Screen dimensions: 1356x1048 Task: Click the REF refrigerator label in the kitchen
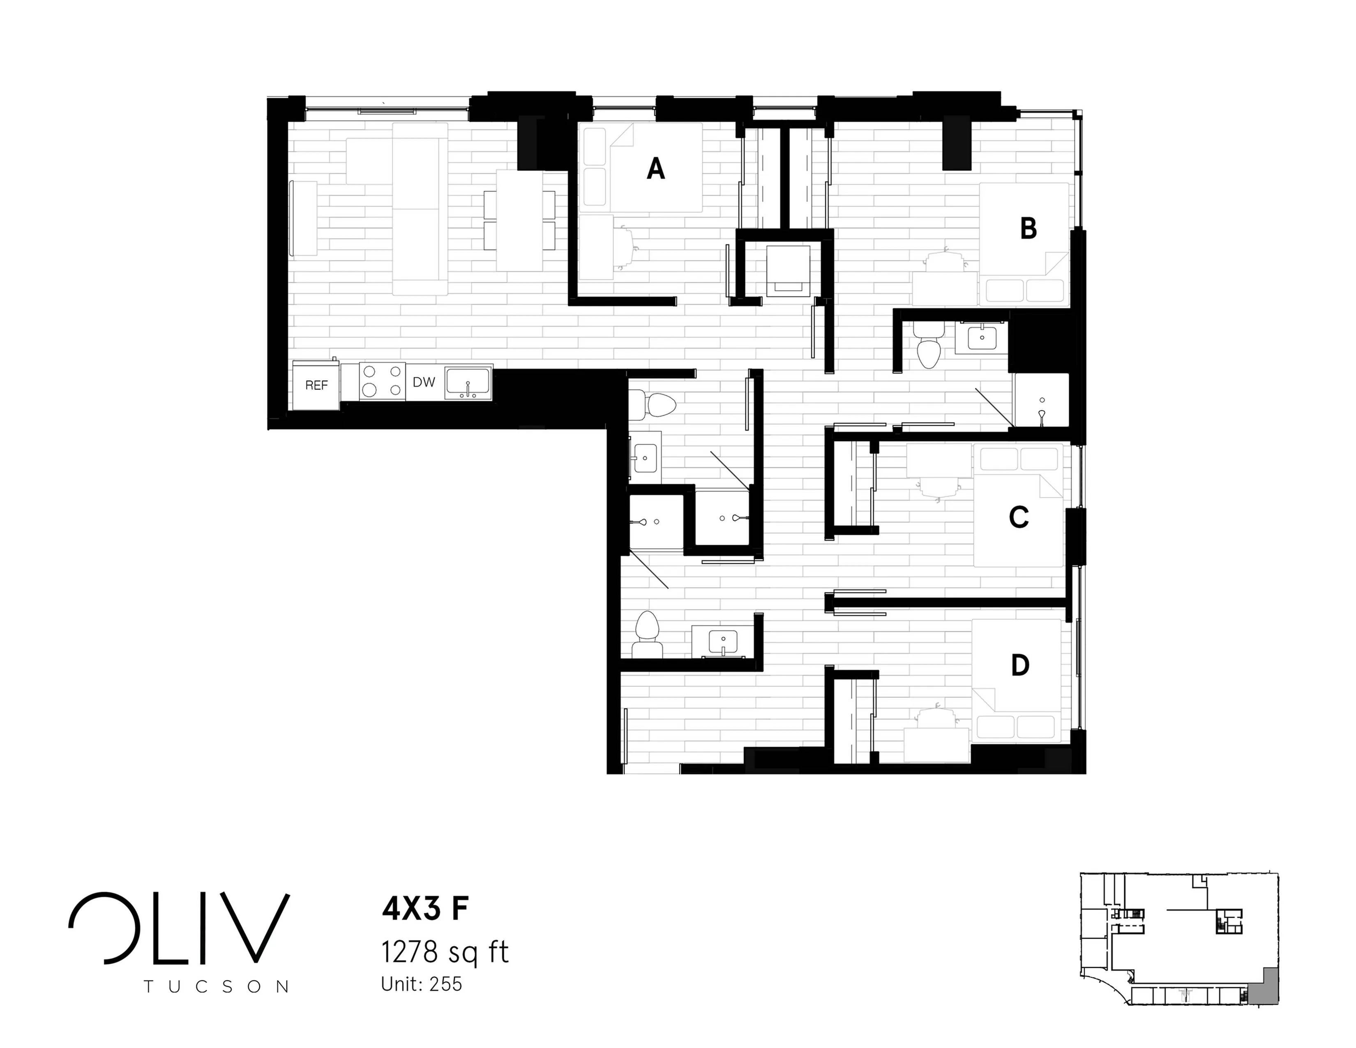(x=316, y=385)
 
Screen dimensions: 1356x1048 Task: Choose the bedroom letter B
(x=1028, y=229)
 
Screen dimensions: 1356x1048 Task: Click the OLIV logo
(x=179, y=929)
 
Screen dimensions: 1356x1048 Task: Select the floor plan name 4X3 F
(x=425, y=909)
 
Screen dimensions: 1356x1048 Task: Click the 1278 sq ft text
(x=445, y=952)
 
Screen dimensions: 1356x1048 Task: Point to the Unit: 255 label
(x=422, y=985)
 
